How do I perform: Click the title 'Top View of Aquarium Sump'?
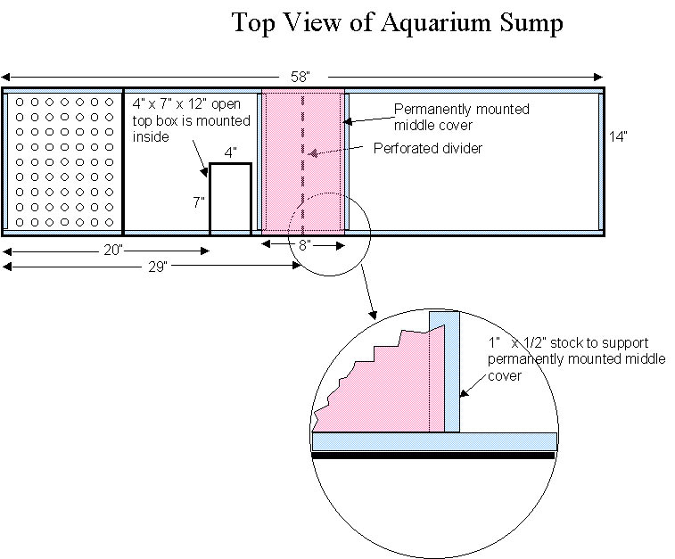(398, 23)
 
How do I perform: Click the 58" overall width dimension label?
(300, 77)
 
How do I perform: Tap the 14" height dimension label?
(618, 136)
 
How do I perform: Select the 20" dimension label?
(113, 250)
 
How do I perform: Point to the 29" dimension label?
(158, 267)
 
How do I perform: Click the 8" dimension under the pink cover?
(304, 245)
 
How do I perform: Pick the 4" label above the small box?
(230, 152)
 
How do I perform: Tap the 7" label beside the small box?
(199, 201)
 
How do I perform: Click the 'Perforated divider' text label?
(428, 149)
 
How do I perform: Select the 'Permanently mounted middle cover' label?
(462, 117)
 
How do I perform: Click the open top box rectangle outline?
(210, 199)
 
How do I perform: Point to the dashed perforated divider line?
(303, 163)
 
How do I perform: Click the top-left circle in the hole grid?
(20, 102)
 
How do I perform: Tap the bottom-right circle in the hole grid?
(110, 222)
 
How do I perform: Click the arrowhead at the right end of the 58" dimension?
(598, 77)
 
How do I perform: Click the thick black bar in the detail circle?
(433, 456)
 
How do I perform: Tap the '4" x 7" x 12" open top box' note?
(191, 120)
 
